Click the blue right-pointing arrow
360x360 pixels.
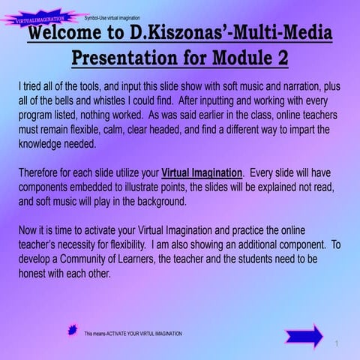tap(304, 335)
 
